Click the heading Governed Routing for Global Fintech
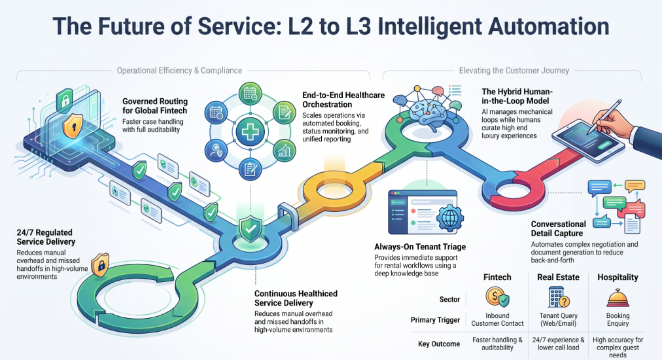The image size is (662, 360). pos(155,106)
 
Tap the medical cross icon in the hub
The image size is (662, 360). pos(250,132)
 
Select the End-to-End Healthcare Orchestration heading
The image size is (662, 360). pos(343,99)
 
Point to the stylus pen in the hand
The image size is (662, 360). pos(606,117)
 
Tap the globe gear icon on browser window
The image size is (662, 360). pos(450,218)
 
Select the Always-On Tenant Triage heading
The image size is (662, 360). pos(420,247)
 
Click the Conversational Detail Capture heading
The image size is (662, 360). pos(558,228)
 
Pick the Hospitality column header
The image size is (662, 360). pos(618,277)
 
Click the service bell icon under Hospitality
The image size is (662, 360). pos(618,298)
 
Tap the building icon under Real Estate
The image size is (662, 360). pos(558,297)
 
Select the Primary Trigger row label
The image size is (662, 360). pos(435,320)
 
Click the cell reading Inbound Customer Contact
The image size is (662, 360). pos(497,319)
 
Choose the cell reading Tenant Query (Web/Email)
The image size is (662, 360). pos(558,319)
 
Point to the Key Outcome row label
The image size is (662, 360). pos(439,344)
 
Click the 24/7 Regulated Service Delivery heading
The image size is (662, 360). pos(46,237)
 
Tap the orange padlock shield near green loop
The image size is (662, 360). pos(101,265)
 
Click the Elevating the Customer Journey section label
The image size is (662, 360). pos(514,71)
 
